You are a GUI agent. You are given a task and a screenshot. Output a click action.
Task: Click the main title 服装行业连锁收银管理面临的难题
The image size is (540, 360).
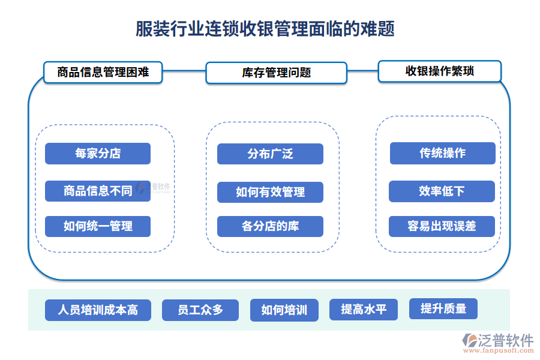(x=265, y=29)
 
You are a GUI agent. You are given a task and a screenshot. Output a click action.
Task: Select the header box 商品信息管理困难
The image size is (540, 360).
(x=103, y=73)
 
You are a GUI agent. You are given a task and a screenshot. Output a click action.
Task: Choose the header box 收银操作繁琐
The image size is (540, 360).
(x=439, y=71)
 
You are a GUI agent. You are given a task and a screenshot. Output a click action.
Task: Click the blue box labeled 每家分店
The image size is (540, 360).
(x=98, y=154)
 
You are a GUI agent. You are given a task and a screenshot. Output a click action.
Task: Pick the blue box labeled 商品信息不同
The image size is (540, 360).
(x=98, y=191)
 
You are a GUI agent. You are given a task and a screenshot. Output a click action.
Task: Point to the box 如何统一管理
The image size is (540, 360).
(x=98, y=227)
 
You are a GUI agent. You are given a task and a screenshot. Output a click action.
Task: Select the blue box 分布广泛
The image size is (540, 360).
(x=270, y=154)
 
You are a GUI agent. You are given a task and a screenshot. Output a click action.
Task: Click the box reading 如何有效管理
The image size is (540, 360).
(x=270, y=192)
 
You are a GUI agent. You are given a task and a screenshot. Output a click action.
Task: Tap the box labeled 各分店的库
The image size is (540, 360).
(x=270, y=227)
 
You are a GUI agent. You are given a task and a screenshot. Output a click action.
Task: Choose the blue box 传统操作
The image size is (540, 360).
(x=442, y=153)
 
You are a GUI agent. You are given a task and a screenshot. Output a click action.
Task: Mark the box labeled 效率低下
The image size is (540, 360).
(x=442, y=191)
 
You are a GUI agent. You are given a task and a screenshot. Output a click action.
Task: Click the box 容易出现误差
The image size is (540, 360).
(x=442, y=226)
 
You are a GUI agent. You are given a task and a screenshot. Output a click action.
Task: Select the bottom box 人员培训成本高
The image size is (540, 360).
(x=98, y=310)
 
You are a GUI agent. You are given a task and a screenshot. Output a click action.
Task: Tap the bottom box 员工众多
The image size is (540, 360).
(x=200, y=310)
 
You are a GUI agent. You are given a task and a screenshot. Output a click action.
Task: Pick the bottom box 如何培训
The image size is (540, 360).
(x=284, y=310)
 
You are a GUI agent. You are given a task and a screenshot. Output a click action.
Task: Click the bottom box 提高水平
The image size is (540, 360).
(x=364, y=310)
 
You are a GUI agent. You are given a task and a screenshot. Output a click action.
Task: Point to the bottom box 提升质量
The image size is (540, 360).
(x=443, y=309)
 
